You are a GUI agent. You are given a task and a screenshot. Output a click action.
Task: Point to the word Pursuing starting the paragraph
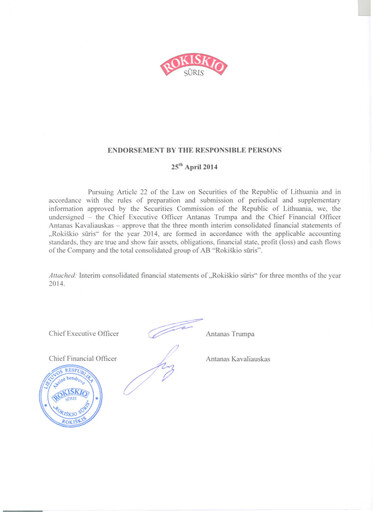tap(107, 190)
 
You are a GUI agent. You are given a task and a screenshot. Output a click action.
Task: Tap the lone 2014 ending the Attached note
tap(57, 283)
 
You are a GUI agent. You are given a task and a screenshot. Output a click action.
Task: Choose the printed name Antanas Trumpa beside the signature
tap(231, 332)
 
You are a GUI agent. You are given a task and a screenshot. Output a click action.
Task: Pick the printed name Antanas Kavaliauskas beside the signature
tap(241, 358)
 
